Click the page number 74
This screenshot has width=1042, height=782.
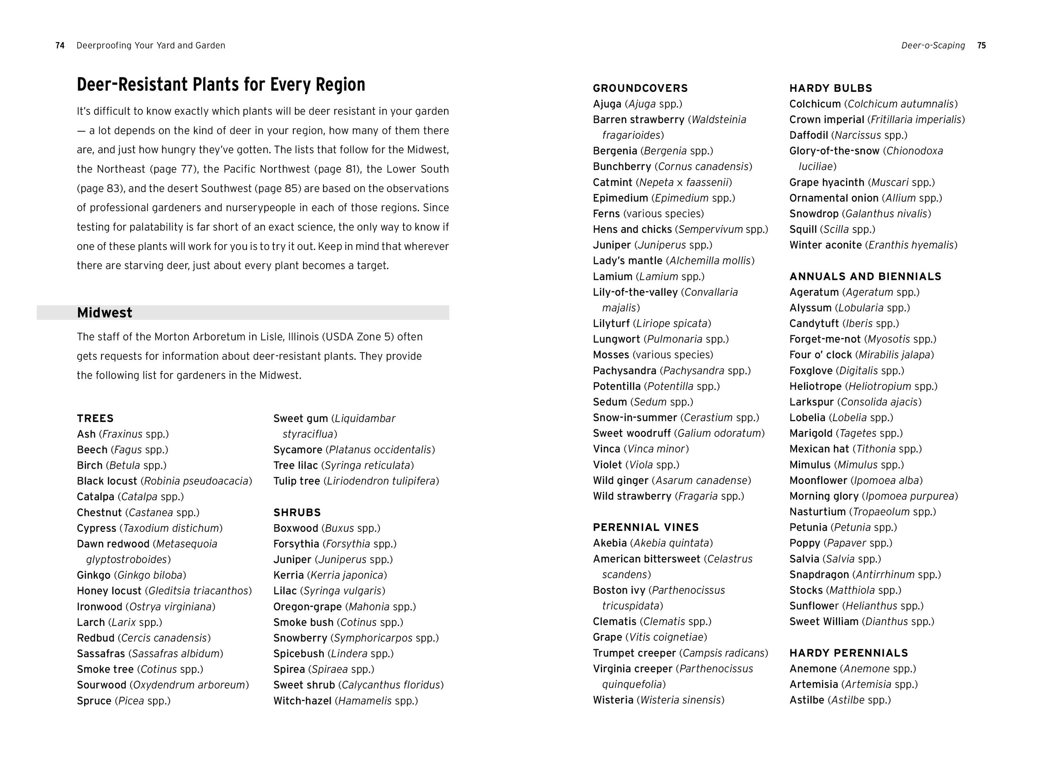(60, 46)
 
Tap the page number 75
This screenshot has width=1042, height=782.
(981, 46)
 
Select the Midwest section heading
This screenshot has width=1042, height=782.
(105, 313)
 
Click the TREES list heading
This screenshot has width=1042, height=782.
(95, 419)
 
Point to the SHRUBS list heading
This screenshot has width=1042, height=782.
(297, 513)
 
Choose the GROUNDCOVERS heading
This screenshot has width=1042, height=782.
(640, 88)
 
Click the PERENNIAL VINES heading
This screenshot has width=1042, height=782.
(646, 527)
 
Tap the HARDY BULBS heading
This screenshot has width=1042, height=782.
(830, 88)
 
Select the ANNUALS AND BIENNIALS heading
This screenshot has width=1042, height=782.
(865, 277)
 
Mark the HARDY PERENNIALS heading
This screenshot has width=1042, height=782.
(849, 653)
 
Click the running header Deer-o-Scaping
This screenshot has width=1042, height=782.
(933, 46)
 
